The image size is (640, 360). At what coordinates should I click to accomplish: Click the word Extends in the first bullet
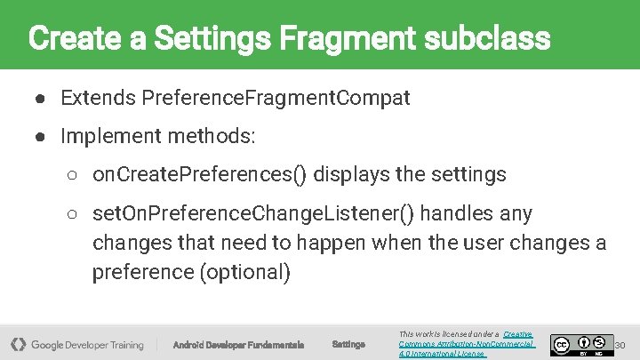click(x=98, y=97)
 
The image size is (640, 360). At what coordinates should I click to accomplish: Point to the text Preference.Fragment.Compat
click(x=276, y=97)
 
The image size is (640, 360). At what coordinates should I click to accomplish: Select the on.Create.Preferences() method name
click(x=200, y=174)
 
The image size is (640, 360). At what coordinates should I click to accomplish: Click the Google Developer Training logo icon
click(x=19, y=344)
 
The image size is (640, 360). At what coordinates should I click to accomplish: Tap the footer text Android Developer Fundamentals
click(x=238, y=345)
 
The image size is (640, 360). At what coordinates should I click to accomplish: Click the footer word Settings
click(x=348, y=345)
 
